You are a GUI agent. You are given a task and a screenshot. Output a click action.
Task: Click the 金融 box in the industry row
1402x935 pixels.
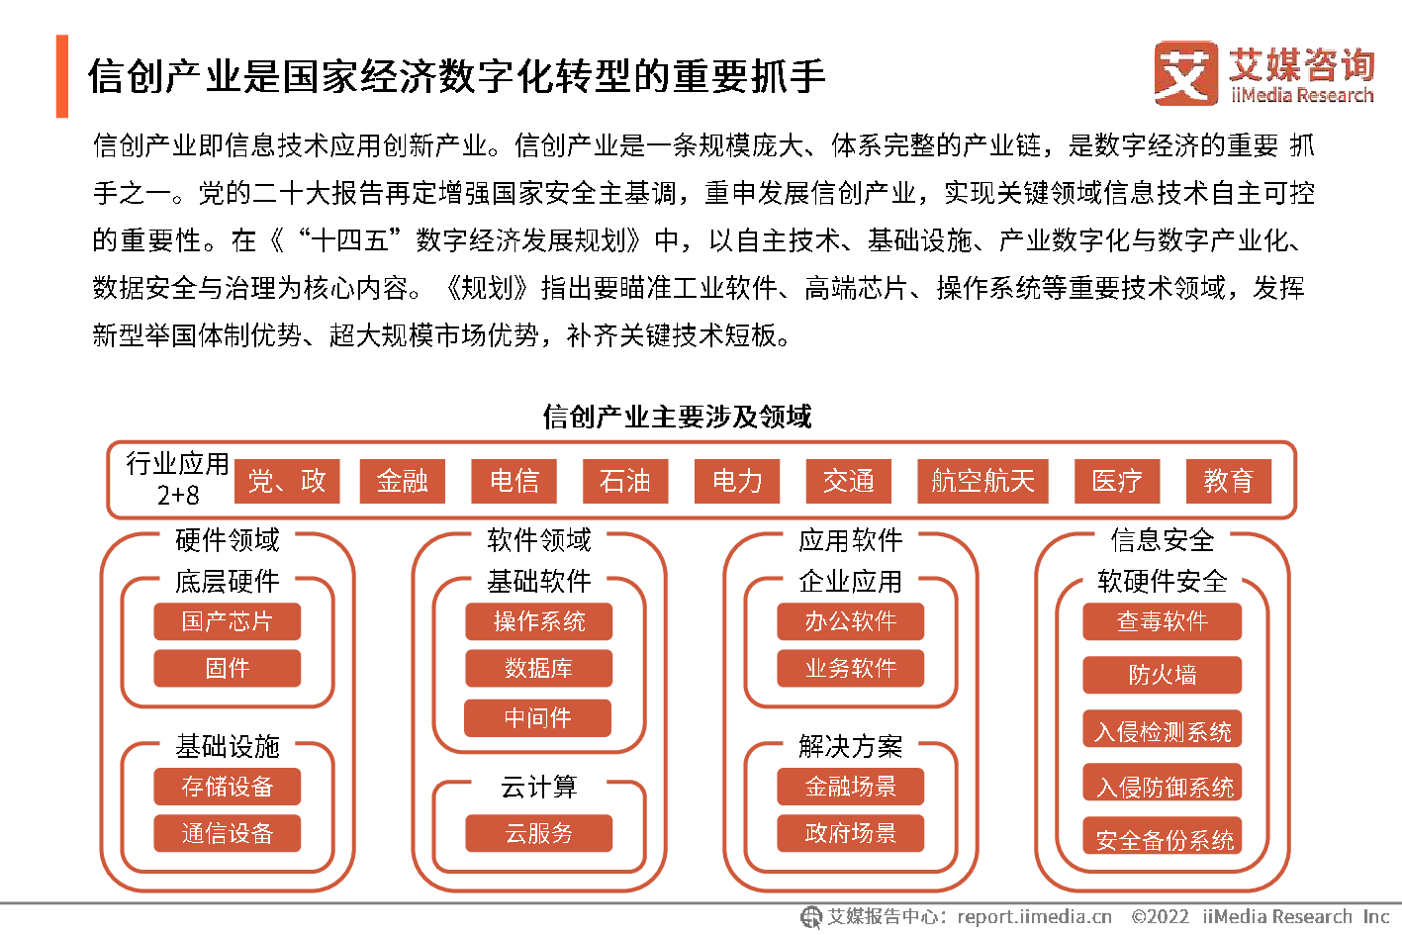click(x=402, y=481)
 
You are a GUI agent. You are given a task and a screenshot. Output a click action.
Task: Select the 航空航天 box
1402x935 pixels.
click(x=982, y=481)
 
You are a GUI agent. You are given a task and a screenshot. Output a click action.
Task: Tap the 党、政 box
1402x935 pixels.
click(x=287, y=481)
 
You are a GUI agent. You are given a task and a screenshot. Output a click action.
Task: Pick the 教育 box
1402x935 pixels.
click(x=1228, y=481)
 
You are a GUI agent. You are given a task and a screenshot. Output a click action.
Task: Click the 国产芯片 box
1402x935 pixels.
click(x=227, y=621)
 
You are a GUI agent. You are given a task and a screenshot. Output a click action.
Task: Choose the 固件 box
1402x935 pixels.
click(x=227, y=668)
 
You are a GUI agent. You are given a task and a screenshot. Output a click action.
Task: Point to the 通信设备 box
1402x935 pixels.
click(x=227, y=833)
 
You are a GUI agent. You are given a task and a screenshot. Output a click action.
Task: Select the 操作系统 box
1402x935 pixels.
click(x=538, y=621)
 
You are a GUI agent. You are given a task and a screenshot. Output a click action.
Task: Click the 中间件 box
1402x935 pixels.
click(x=538, y=717)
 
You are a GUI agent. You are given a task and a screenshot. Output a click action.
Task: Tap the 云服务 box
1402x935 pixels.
click(x=538, y=833)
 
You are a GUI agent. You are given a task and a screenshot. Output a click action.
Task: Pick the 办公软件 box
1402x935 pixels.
click(x=850, y=621)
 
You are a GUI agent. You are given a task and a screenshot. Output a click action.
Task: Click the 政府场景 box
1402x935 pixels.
click(x=850, y=833)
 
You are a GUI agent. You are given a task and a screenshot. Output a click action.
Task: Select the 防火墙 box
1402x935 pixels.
click(x=1162, y=675)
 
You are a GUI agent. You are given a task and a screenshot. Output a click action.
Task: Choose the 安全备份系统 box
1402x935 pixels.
click(x=1162, y=839)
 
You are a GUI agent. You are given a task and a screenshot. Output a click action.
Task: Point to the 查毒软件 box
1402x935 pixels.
click(x=1162, y=621)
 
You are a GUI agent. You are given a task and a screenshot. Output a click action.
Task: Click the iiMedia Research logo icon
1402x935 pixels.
click(x=1185, y=73)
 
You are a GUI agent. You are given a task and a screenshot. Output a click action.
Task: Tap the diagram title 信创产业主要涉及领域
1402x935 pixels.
click(x=677, y=417)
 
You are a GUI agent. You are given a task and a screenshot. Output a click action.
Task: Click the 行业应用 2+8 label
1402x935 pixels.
click(x=177, y=479)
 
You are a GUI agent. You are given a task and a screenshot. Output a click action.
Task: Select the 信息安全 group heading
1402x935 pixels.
click(x=1162, y=540)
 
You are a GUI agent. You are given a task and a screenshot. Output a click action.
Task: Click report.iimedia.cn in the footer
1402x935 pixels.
click(x=1034, y=917)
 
